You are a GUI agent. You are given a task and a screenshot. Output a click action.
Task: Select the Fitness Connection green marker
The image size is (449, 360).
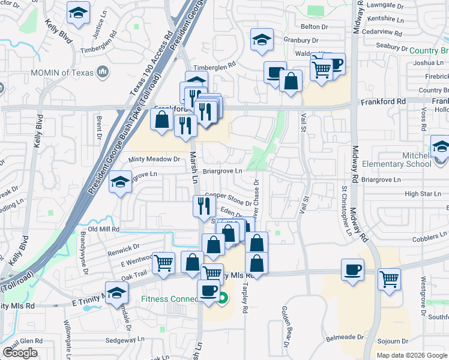223,298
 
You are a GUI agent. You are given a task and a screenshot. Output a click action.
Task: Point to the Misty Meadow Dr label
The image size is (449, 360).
154,159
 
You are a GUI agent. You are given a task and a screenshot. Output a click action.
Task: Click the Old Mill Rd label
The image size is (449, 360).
104,229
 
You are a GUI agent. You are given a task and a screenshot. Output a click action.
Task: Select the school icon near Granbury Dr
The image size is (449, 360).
262,40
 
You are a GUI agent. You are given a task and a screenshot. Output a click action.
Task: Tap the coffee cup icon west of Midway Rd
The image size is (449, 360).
352,270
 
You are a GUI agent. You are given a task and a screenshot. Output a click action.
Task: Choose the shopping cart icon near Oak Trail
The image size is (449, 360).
163,263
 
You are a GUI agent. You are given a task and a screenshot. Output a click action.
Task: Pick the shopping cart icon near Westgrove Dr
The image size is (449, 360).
389,279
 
